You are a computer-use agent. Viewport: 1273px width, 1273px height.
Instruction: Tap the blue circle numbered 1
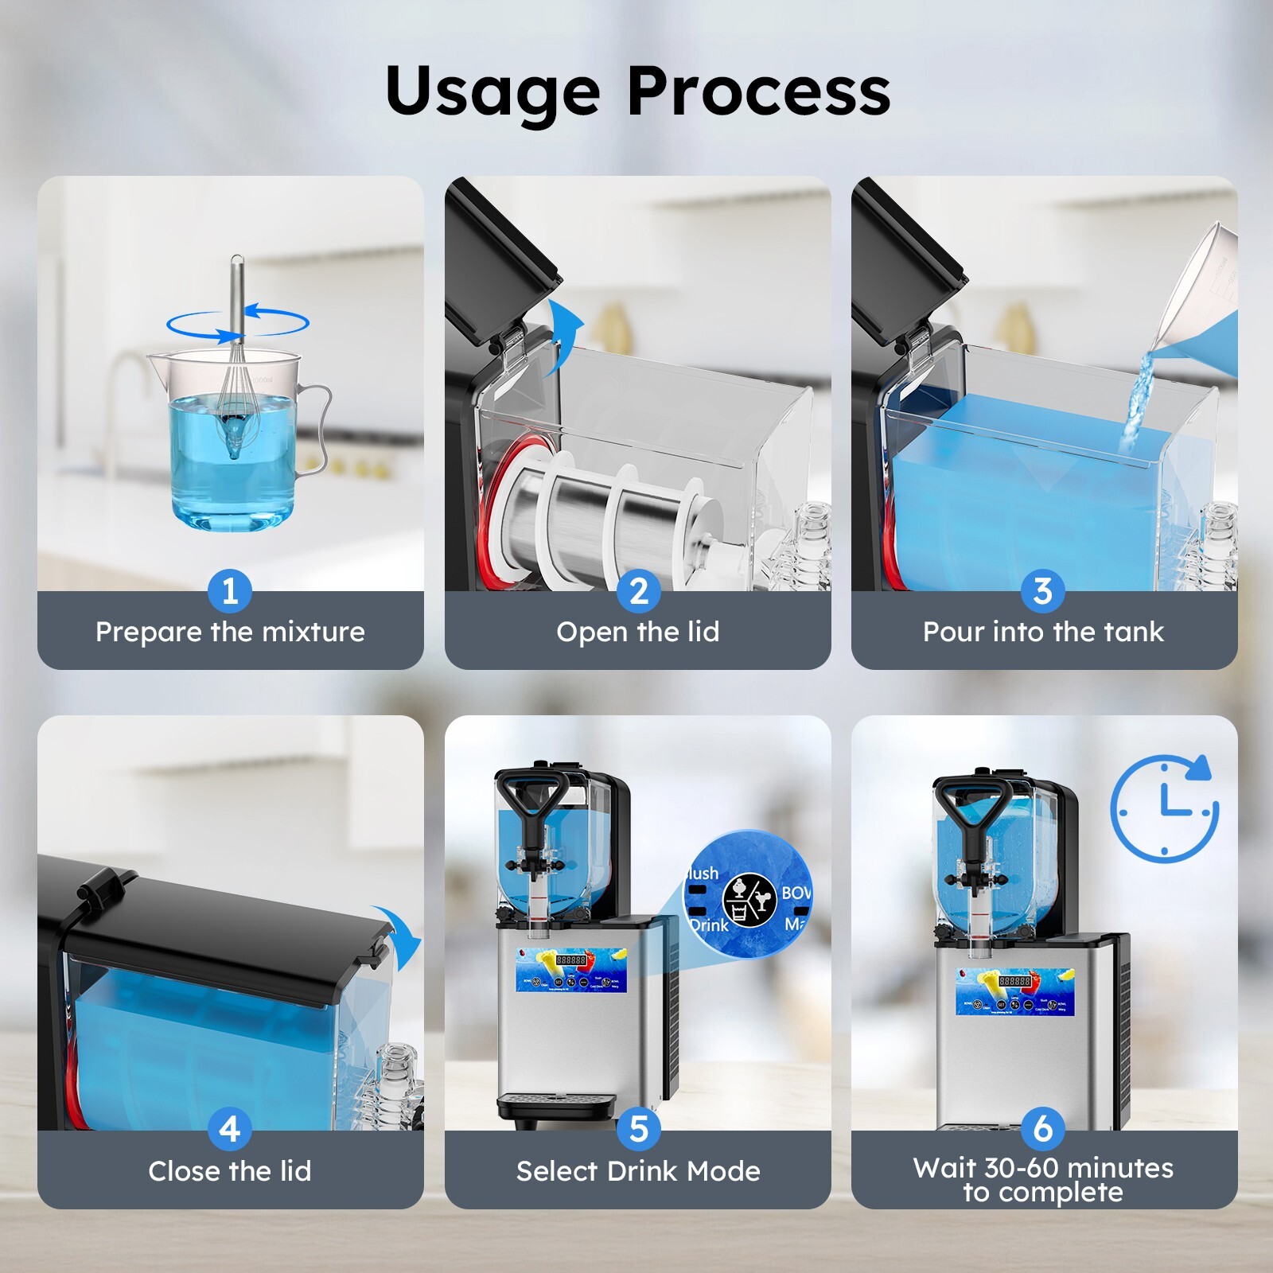point(230,591)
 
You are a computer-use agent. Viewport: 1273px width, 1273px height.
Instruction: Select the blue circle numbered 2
point(638,591)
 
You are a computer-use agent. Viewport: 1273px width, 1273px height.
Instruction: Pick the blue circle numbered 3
point(1043,591)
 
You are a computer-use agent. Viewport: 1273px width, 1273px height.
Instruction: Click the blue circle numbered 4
point(230,1129)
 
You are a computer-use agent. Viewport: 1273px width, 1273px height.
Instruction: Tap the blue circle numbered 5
point(638,1129)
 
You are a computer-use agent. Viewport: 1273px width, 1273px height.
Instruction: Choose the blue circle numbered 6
point(1043,1129)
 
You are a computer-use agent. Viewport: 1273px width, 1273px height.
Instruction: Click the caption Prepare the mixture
point(230,632)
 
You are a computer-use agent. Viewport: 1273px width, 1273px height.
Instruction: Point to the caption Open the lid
point(638,632)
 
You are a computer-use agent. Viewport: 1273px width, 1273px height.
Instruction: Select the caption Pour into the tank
point(1043,632)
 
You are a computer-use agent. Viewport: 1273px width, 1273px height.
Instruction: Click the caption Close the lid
point(230,1171)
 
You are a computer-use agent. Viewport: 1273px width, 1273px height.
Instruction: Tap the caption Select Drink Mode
point(638,1171)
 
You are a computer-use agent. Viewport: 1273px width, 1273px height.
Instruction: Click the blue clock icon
point(1163,808)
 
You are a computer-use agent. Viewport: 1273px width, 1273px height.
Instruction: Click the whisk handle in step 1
point(236,294)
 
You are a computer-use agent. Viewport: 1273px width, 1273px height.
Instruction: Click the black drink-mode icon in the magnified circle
point(749,899)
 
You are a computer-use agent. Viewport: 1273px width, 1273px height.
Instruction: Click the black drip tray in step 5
point(557,1104)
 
